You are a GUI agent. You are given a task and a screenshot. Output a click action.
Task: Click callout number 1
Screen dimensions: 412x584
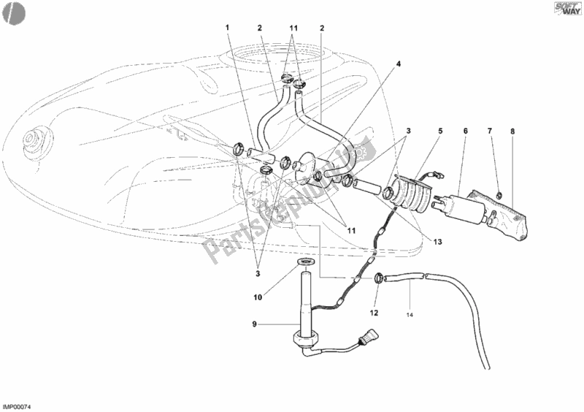[x=228, y=28]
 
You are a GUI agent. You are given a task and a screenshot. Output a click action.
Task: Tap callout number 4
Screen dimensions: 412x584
[x=399, y=64]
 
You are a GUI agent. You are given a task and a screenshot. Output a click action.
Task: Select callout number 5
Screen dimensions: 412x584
[x=440, y=131]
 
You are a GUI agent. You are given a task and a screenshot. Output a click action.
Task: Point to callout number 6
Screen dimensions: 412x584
[x=465, y=131]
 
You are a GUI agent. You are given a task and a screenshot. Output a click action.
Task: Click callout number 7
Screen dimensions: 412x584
[x=491, y=131]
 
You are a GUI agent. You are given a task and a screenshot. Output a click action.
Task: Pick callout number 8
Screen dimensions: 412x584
[x=512, y=131]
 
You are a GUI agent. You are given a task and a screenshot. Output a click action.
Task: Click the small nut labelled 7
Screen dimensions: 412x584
[x=497, y=194]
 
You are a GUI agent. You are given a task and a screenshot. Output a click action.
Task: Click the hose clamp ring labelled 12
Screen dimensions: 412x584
[x=380, y=278]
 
